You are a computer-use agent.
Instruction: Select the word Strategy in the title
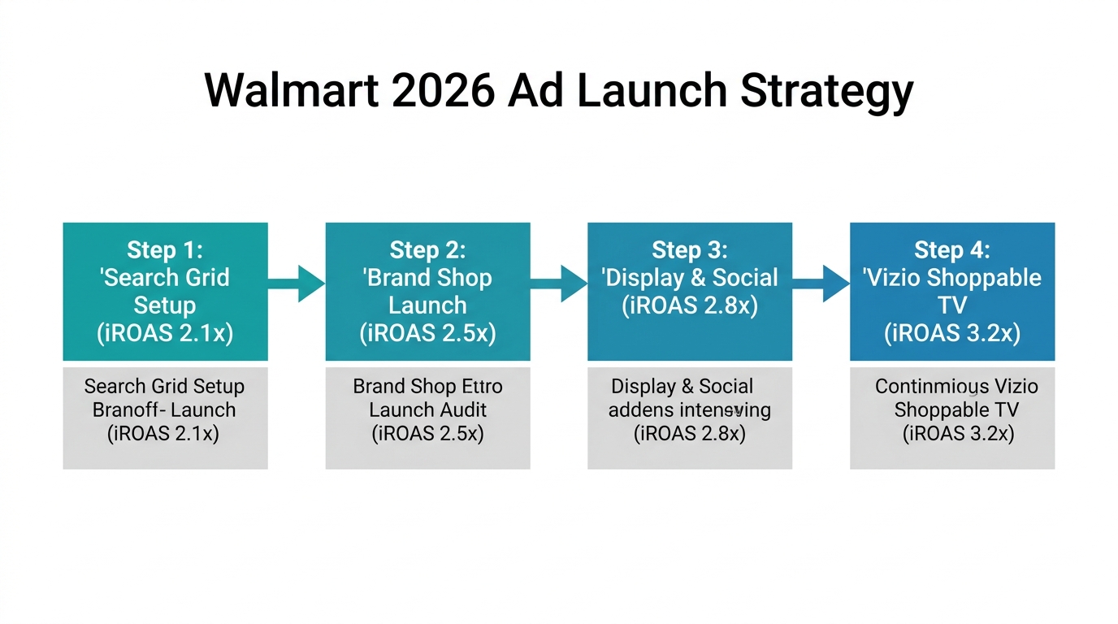point(826,90)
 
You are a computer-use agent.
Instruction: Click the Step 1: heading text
point(165,249)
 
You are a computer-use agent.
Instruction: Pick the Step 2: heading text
point(427,249)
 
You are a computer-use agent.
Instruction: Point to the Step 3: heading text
point(690,249)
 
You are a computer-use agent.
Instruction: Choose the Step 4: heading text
point(952,249)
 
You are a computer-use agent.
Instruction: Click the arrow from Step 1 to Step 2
point(297,284)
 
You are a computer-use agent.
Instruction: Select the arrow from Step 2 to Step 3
point(559,284)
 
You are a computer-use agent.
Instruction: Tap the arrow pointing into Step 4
point(821,284)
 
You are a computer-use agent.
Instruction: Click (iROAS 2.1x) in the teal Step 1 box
point(165,334)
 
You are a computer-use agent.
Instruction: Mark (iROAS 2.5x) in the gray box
point(427,434)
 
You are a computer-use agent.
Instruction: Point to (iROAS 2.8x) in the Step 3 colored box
point(690,306)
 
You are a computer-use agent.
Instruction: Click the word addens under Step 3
point(635,410)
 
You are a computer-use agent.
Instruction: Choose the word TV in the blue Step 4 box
point(952,305)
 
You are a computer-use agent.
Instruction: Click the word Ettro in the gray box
point(483,387)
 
